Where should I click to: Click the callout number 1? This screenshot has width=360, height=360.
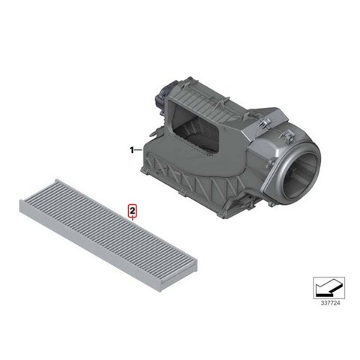[x=131, y=151]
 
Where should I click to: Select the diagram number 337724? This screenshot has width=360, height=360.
[x=330, y=303]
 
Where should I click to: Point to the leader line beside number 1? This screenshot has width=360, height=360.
[x=138, y=150]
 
